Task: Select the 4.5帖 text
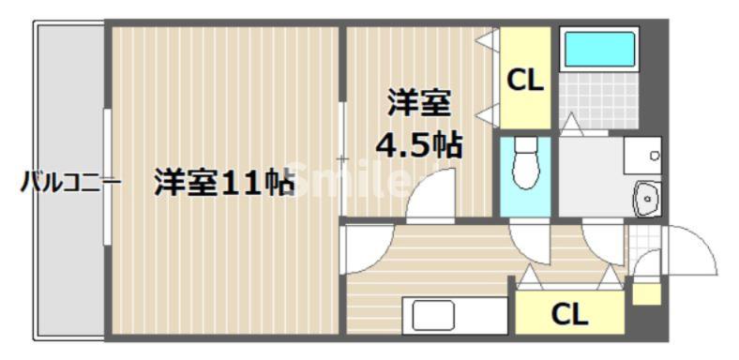(418, 145)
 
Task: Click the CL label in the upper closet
(524, 82)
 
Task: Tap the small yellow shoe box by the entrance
(645, 293)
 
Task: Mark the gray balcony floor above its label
(68, 94)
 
